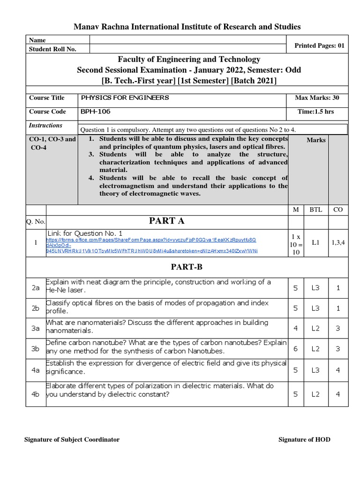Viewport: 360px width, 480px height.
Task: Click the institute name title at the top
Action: tap(187, 27)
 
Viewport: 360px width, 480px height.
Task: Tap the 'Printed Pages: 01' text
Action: tap(319, 45)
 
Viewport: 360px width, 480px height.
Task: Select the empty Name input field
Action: tap(187, 40)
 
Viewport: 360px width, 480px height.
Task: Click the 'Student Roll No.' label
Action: tap(52, 49)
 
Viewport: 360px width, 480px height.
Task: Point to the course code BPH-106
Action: tap(96, 112)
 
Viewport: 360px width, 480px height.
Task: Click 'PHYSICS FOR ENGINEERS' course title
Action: tap(125, 97)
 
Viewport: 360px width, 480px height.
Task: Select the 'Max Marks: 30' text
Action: tap(317, 98)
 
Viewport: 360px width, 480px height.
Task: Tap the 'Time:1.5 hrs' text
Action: tap(316, 112)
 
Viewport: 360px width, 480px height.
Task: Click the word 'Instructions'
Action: tap(45, 126)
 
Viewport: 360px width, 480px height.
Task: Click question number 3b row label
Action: tap(36, 349)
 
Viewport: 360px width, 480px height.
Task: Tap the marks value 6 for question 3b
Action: tap(295, 349)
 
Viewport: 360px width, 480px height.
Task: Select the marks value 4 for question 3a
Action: tap(295, 328)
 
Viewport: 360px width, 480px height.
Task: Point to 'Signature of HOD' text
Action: tap(304, 439)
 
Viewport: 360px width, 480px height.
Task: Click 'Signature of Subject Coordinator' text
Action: tap(71, 439)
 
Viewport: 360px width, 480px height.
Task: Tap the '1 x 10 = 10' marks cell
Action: tap(295, 243)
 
